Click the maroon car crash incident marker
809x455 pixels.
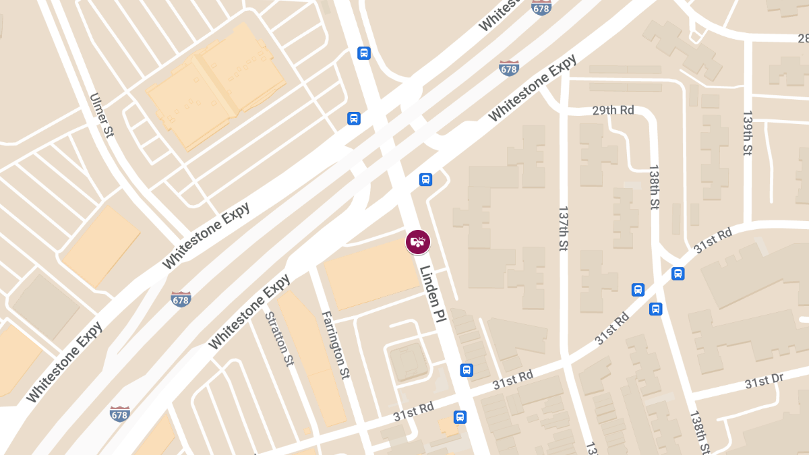tap(418, 242)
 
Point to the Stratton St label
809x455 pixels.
tap(280, 338)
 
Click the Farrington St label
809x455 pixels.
tap(335, 344)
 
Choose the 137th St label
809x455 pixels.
tap(564, 229)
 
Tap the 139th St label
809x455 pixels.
tap(747, 133)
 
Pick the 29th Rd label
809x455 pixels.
tap(613, 110)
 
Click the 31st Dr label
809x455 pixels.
tap(764, 382)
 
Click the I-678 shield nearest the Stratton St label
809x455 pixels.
tap(181, 299)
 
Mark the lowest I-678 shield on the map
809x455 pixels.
tap(119, 413)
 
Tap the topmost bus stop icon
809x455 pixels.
tap(363, 53)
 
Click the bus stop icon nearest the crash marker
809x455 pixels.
tap(425, 179)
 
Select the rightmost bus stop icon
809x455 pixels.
tap(678, 274)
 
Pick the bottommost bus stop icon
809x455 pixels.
tap(460, 417)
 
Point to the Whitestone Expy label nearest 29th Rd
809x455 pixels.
tap(532, 88)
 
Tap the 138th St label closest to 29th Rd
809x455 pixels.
tap(653, 187)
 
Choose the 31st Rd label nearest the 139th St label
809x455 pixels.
tap(713, 241)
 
